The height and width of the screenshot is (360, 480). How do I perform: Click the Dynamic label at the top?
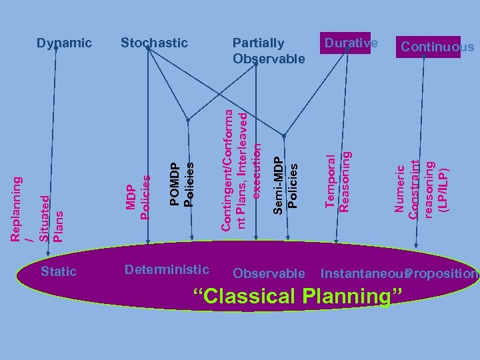pyautogui.click(x=65, y=43)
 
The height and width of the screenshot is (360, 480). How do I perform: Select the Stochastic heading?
pyautogui.click(x=154, y=43)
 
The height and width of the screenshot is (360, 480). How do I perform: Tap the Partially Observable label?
pyautogui.click(x=269, y=51)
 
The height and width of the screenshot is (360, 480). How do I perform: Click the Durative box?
pyautogui.click(x=351, y=43)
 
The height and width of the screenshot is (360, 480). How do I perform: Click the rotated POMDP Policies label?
pyautogui.click(x=181, y=184)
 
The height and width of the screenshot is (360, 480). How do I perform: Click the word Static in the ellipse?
pyautogui.click(x=59, y=271)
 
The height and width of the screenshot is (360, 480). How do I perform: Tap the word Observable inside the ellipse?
pyautogui.click(x=269, y=273)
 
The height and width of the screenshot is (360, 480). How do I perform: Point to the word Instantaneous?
pyautogui.click(x=362, y=273)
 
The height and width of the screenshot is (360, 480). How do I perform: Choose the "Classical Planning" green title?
pyautogui.click(x=297, y=296)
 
